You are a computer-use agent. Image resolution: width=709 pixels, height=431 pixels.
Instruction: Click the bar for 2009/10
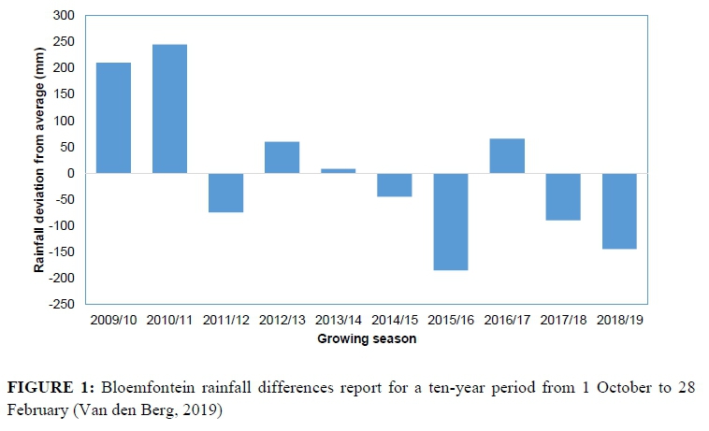113,118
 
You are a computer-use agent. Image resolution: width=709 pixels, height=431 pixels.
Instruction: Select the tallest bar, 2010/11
169,108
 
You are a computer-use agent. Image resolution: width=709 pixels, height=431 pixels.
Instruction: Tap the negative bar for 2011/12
225,193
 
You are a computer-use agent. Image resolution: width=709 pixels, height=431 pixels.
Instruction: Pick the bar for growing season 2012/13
282,157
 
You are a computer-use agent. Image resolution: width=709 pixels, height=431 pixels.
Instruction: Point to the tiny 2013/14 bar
338,170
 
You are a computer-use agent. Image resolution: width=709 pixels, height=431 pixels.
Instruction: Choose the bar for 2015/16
450,222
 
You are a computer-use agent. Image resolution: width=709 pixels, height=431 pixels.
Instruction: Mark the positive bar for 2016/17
506,155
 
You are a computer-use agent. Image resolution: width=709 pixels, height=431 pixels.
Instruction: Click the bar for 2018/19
618,210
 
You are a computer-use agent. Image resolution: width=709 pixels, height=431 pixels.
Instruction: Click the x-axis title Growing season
366,339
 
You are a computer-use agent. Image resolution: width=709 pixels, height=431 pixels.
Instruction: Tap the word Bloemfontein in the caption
137,387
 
